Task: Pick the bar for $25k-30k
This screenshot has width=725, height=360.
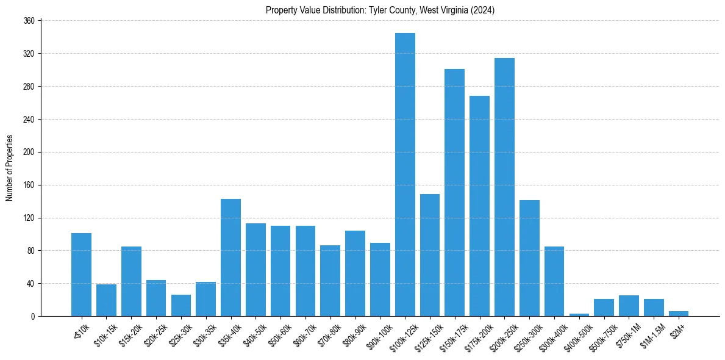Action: pyautogui.click(x=180, y=306)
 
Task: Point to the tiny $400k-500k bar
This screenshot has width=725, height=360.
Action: pyautogui.click(x=579, y=315)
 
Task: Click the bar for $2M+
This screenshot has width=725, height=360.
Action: pyautogui.click(x=679, y=314)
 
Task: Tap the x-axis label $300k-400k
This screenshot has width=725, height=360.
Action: pyautogui.click(x=552, y=333)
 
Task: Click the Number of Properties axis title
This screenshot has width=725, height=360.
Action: pyautogui.click(x=9, y=168)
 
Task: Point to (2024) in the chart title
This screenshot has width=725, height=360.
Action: pyautogui.click(x=483, y=10)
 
